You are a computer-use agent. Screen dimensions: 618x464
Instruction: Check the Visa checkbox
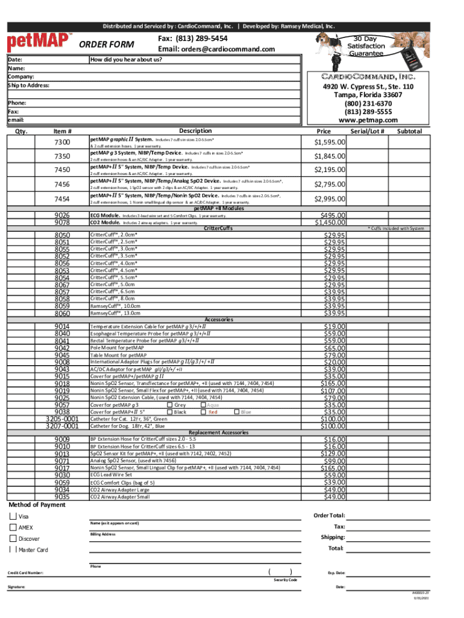(13, 517)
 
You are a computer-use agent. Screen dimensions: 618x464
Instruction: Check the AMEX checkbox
(13, 527)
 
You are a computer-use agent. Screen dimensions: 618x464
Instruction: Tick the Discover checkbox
(13, 538)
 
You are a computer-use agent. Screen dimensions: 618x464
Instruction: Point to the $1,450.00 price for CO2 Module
(327, 222)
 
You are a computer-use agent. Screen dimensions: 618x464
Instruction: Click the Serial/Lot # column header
(368, 131)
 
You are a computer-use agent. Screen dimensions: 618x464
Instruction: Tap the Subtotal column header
(410, 131)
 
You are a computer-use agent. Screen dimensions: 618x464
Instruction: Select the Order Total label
(329, 515)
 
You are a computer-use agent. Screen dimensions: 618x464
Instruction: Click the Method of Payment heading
(37, 505)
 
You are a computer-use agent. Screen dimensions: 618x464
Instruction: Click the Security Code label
(286, 580)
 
